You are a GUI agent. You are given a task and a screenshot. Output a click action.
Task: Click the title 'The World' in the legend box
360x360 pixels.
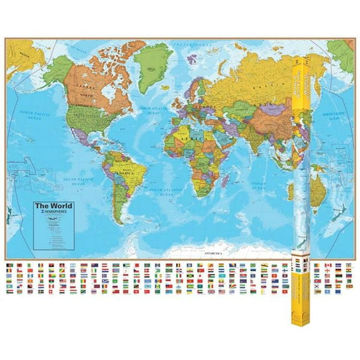click(x=53, y=206)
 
